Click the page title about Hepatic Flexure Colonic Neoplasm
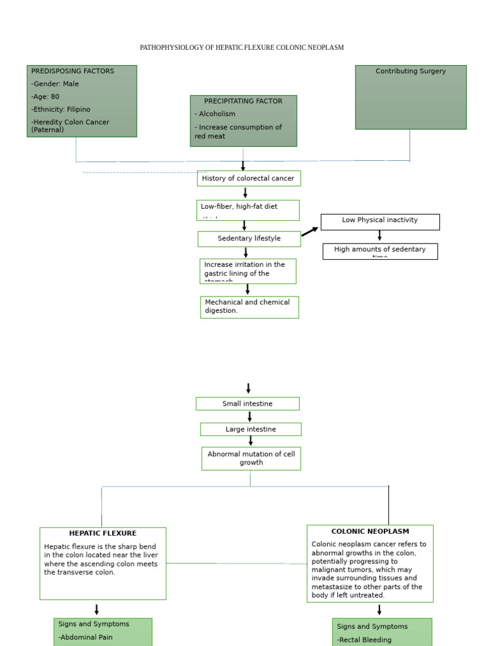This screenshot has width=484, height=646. click(241, 48)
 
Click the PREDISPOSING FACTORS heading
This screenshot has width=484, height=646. click(72, 71)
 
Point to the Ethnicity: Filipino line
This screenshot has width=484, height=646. click(61, 109)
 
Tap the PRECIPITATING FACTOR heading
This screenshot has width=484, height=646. click(243, 101)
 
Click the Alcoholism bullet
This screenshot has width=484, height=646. click(215, 114)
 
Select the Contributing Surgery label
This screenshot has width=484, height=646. click(410, 71)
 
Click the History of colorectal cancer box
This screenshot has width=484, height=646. click(248, 179)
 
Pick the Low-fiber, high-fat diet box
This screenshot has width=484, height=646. click(247, 209)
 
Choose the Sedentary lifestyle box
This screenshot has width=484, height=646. click(249, 238)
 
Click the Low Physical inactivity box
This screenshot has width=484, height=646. click(379, 221)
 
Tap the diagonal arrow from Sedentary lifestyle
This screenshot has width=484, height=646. click(309, 232)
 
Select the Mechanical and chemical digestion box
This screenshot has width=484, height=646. click(249, 307)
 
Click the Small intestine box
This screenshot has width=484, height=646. click(247, 404)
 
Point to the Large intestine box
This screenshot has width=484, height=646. click(250, 430)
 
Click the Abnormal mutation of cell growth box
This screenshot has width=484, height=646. click(251, 459)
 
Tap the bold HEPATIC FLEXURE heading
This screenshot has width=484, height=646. click(103, 534)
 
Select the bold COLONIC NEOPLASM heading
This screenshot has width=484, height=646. click(370, 532)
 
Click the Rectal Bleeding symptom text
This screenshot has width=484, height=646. click(364, 640)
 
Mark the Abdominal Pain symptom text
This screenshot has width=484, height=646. click(86, 637)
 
